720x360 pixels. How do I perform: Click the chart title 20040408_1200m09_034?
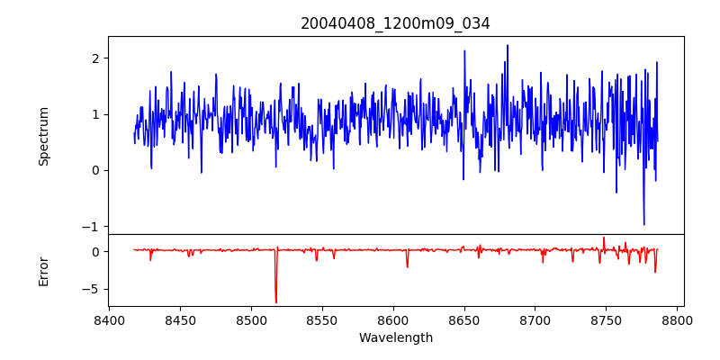(x=395, y=23)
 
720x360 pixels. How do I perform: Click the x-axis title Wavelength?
(x=395, y=337)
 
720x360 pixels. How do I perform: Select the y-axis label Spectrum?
(x=43, y=136)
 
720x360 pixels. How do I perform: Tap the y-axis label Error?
(x=43, y=271)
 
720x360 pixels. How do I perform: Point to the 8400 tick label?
(x=109, y=319)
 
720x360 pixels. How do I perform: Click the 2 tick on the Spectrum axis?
(x=94, y=58)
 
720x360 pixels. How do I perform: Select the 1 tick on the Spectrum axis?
(x=94, y=114)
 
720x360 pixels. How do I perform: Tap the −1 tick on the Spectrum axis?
(x=91, y=226)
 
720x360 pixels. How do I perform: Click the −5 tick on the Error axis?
(x=91, y=289)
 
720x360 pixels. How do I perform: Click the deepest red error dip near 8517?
(x=276, y=302)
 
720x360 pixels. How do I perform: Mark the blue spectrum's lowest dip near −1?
(x=643, y=224)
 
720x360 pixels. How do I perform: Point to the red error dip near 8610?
(x=407, y=266)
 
